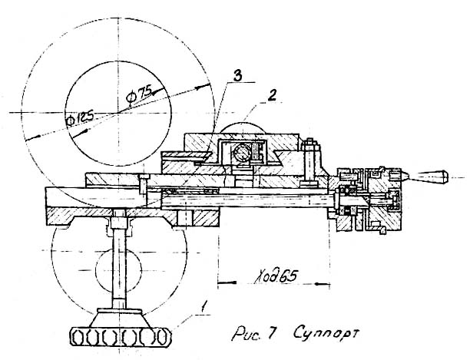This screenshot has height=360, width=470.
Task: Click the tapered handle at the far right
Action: [438, 177]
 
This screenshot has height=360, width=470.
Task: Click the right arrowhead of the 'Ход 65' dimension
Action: [328, 285]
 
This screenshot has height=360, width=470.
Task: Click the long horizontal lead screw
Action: [253, 201]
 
